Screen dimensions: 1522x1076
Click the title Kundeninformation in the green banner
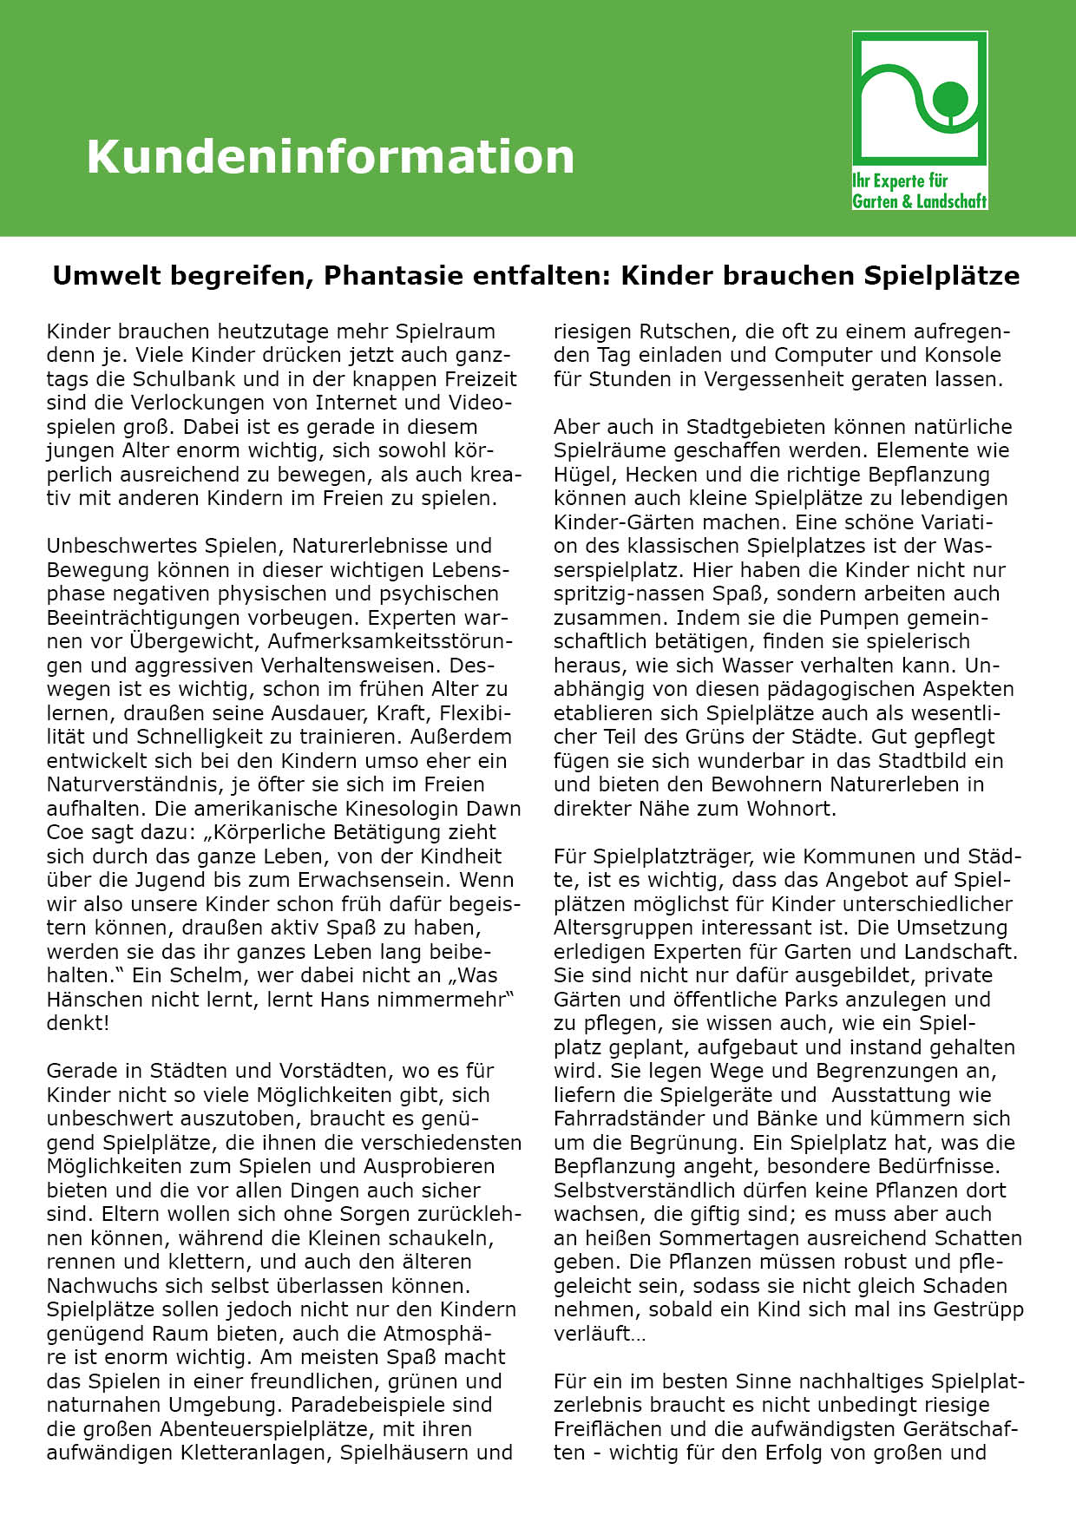[330, 157]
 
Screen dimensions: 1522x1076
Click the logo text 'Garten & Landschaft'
[920, 201]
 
